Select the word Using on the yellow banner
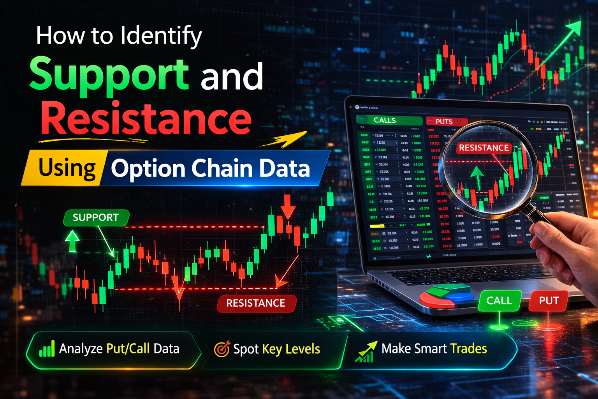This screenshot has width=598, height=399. (x=67, y=168)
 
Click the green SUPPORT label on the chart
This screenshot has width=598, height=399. (x=96, y=217)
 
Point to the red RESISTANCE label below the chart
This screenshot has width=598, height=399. (x=256, y=303)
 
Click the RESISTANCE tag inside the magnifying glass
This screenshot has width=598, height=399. (x=484, y=148)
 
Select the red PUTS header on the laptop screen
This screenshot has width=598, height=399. (x=444, y=122)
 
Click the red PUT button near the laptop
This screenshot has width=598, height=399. (x=549, y=301)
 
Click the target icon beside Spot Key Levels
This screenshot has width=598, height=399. (x=222, y=349)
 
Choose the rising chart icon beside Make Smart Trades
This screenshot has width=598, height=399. (x=366, y=351)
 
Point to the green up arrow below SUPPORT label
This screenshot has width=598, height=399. (x=72, y=241)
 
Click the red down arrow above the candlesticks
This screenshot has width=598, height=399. (x=288, y=207)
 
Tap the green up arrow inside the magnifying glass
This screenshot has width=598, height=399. (x=477, y=177)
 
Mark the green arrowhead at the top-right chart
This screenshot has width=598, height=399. (x=574, y=27)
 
